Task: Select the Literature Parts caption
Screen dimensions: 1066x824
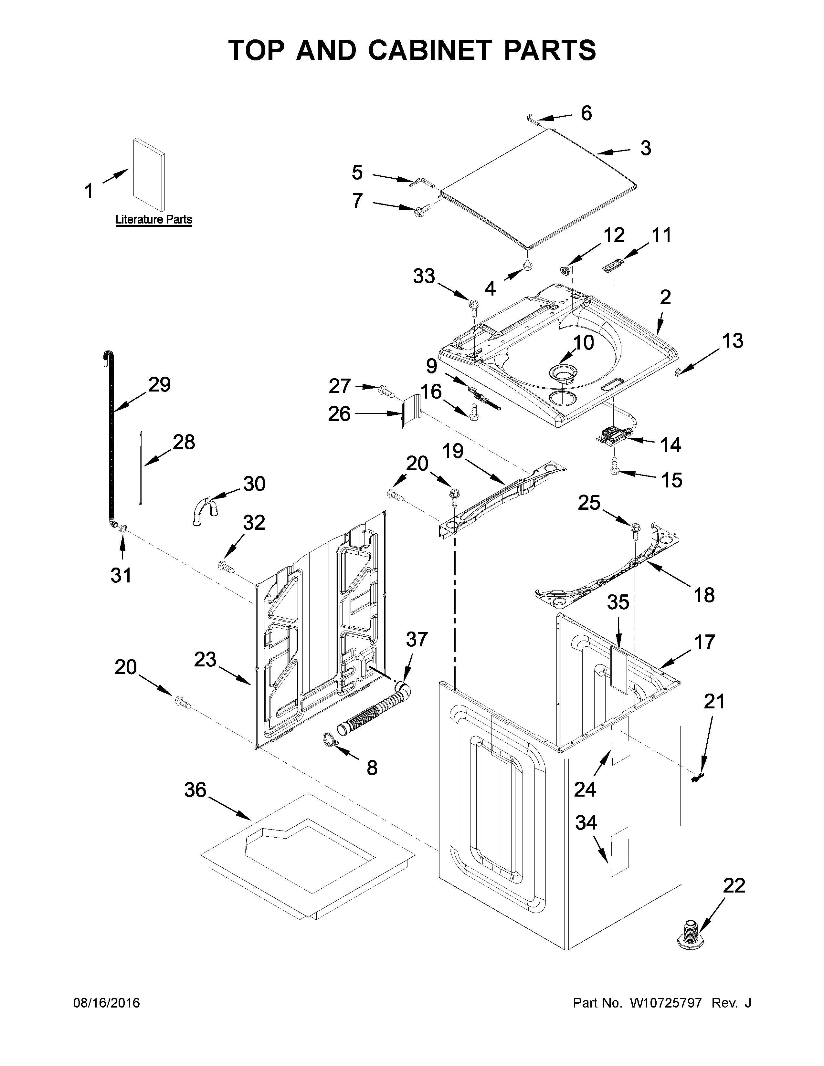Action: click(x=153, y=220)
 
